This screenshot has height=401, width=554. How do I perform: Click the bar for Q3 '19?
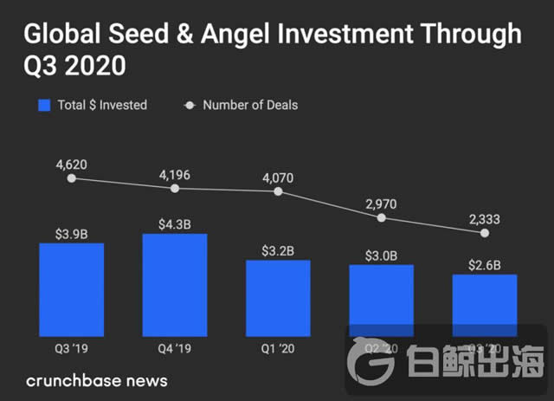tap(71, 289)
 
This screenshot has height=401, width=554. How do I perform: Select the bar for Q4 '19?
tap(175, 285)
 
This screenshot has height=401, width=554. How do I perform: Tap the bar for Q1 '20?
tap(278, 298)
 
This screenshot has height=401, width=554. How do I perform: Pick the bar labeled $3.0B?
tap(382, 299)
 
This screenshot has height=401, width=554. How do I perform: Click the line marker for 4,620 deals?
tap(71, 178)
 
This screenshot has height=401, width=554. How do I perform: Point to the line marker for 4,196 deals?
tap(175, 188)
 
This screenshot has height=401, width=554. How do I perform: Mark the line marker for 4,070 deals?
tap(278, 191)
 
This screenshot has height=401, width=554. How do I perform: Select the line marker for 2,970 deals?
tap(382, 217)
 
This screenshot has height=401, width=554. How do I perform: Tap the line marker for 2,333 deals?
tap(485, 233)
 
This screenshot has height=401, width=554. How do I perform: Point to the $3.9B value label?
tap(71, 233)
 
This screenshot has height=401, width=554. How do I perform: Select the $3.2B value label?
tap(278, 250)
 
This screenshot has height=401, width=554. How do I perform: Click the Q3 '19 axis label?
tap(71, 350)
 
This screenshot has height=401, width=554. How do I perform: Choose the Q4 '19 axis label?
tap(175, 350)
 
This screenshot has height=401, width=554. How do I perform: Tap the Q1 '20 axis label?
tap(278, 350)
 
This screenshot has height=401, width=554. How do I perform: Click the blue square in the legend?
tap(45, 106)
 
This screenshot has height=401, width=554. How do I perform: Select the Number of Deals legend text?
tap(249, 106)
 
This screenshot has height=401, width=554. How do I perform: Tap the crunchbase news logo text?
tap(97, 380)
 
